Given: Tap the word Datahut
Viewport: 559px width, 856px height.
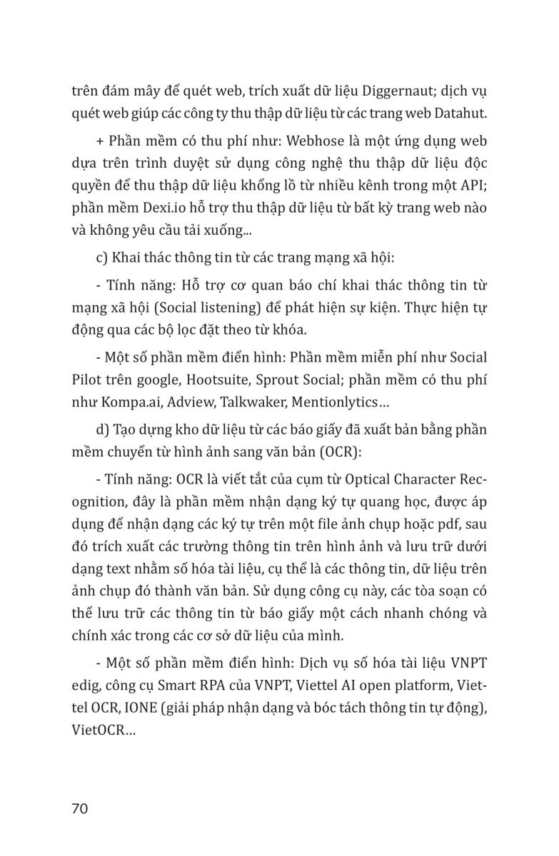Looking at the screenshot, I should (458, 113).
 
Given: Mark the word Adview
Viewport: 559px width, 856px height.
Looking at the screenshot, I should (189, 402).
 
